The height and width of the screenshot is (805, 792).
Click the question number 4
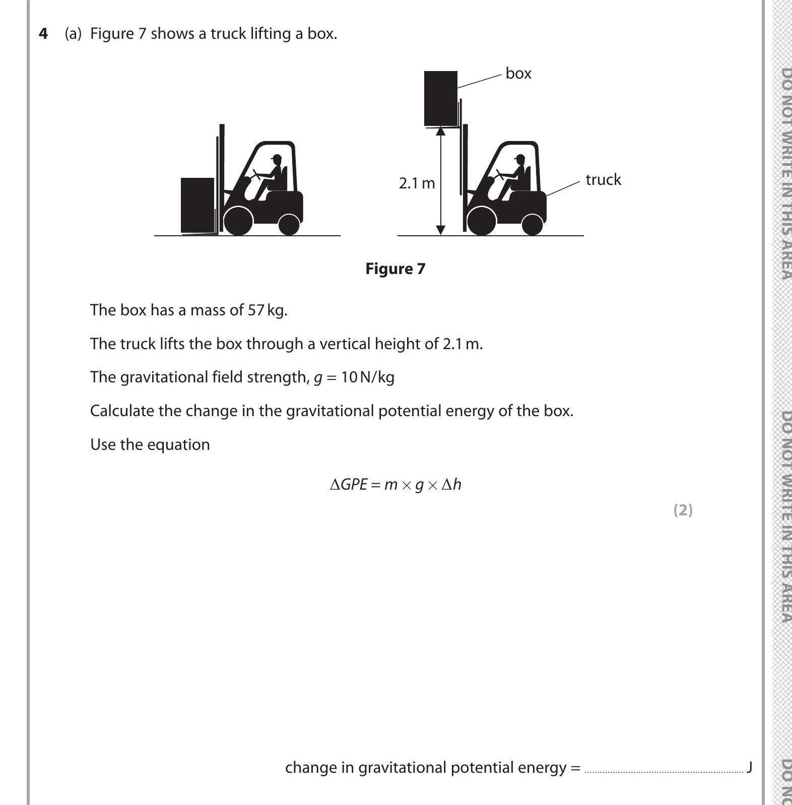(x=44, y=34)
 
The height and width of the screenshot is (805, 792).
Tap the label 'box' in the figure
(x=518, y=74)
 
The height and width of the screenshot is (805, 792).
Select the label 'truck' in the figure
(x=603, y=180)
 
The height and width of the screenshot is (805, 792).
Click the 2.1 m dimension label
(x=417, y=183)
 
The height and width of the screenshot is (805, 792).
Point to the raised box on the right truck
(x=441, y=98)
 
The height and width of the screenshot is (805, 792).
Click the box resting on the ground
(x=197, y=205)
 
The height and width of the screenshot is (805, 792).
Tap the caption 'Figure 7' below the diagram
(x=395, y=269)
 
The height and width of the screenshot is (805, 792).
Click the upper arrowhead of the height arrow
(x=440, y=132)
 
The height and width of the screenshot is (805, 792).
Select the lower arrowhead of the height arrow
(x=440, y=230)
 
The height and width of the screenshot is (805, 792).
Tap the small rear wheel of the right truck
(x=532, y=224)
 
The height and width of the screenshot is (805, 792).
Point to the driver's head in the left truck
(x=276, y=159)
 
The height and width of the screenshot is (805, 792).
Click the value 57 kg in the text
(x=267, y=310)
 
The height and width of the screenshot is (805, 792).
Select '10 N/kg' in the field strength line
(x=367, y=377)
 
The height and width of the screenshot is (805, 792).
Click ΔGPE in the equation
(x=348, y=485)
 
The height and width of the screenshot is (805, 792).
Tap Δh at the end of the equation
(x=451, y=485)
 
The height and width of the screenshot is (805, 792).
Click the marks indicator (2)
(x=683, y=510)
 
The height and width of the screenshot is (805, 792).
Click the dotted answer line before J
(x=663, y=770)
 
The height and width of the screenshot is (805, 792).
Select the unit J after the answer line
(x=749, y=767)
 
